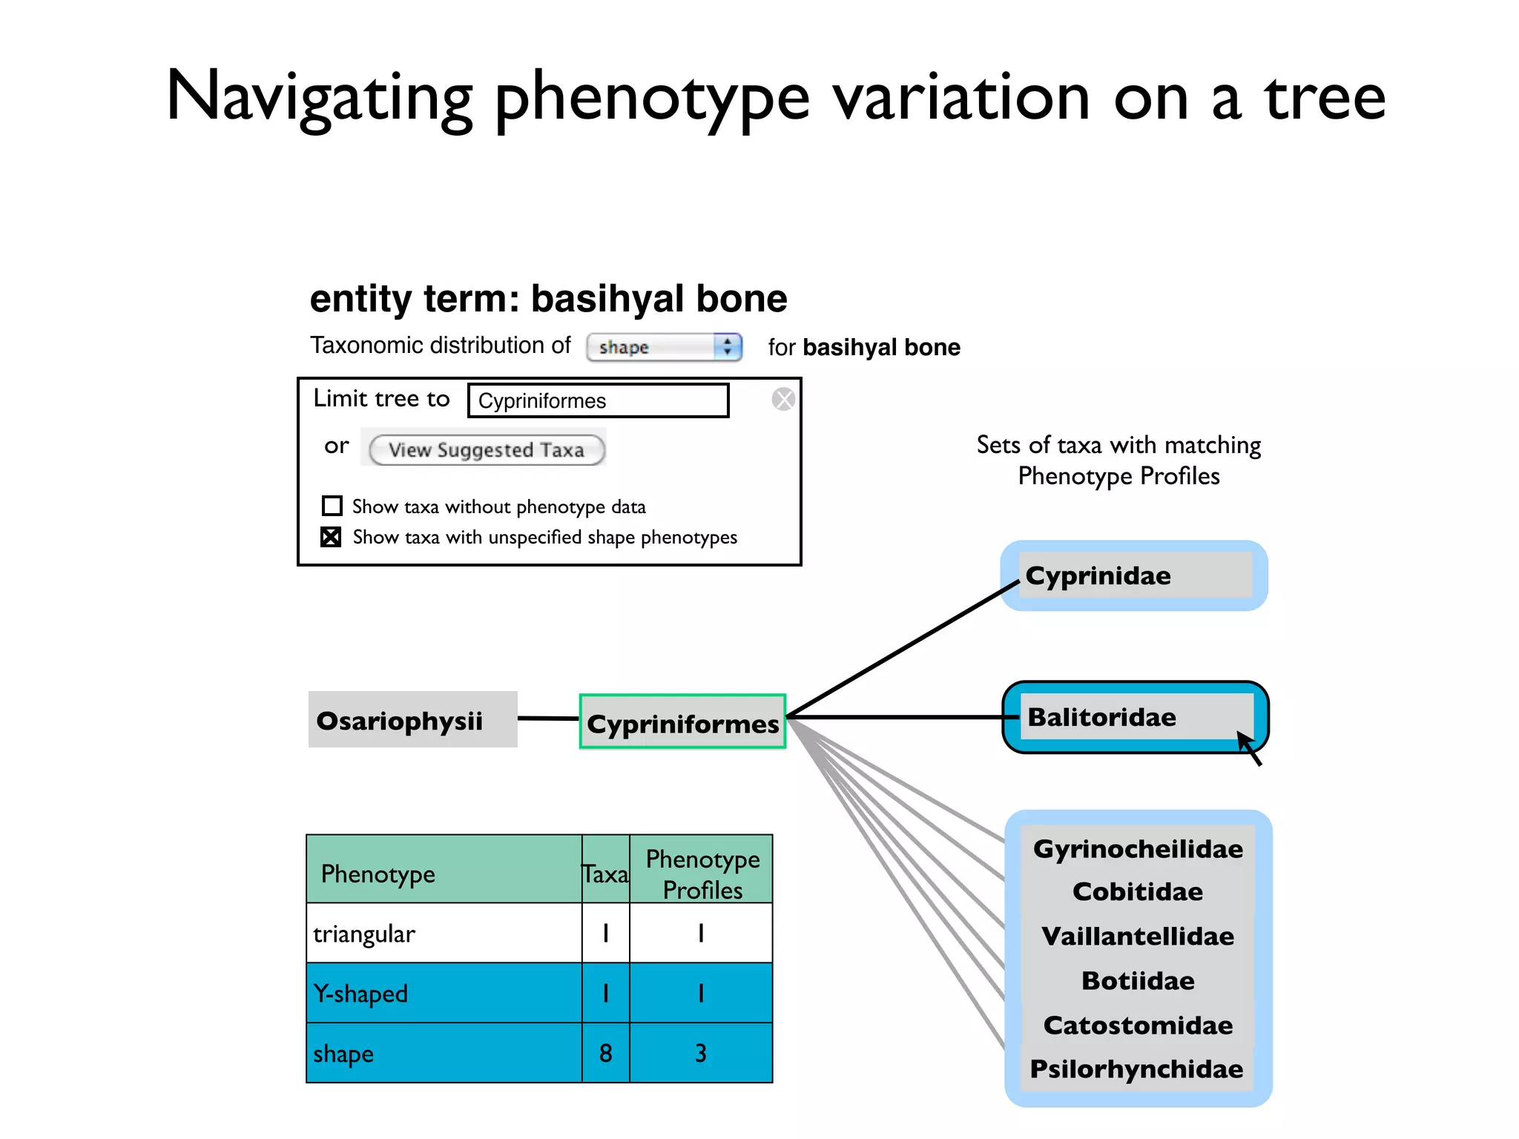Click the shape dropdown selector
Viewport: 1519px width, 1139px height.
coord(664,347)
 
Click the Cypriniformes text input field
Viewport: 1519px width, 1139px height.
coord(598,400)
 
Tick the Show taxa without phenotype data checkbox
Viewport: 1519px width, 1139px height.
coord(332,506)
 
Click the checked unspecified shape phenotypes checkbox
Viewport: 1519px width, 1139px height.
coord(331,537)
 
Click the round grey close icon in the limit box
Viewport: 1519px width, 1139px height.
coord(783,400)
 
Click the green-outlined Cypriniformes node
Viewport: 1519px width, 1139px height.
coord(682,723)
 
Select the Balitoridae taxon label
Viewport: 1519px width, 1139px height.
coord(1102,717)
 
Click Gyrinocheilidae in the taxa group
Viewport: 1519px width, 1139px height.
coord(1138,849)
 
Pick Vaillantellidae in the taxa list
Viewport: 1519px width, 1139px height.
coord(1138,937)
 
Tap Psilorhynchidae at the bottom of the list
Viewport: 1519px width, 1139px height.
coord(1136,1069)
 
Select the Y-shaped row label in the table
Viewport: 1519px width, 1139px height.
coord(361,994)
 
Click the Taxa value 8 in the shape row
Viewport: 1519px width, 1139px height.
coord(605,1053)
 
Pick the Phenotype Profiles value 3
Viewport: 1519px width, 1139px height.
coord(701,1053)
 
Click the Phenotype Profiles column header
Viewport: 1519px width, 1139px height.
coord(702,874)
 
